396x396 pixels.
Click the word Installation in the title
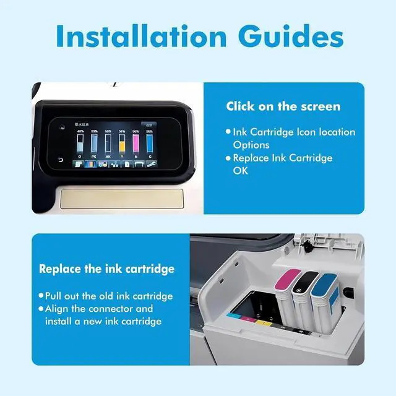coord(141,37)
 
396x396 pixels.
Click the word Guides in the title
coord(286,37)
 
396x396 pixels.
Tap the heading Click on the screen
coord(283,106)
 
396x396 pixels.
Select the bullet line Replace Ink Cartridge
coord(282,158)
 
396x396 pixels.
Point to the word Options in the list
coord(251,145)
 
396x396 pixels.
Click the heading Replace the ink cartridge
coord(106,269)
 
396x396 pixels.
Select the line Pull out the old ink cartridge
coord(108,296)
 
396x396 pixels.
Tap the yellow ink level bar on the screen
coord(122,144)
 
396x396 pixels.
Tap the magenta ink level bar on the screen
coord(136,144)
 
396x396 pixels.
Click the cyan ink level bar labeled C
coord(149,144)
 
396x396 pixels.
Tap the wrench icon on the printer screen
coord(152,165)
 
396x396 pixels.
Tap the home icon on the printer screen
coord(62,127)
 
